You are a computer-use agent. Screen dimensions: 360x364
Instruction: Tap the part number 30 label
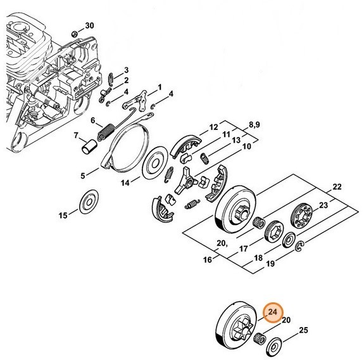click(x=89, y=25)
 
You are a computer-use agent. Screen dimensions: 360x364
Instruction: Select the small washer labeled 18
click(x=289, y=241)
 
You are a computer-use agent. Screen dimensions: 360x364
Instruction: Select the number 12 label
click(x=213, y=126)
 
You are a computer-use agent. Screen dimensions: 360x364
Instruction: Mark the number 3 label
click(x=126, y=70)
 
